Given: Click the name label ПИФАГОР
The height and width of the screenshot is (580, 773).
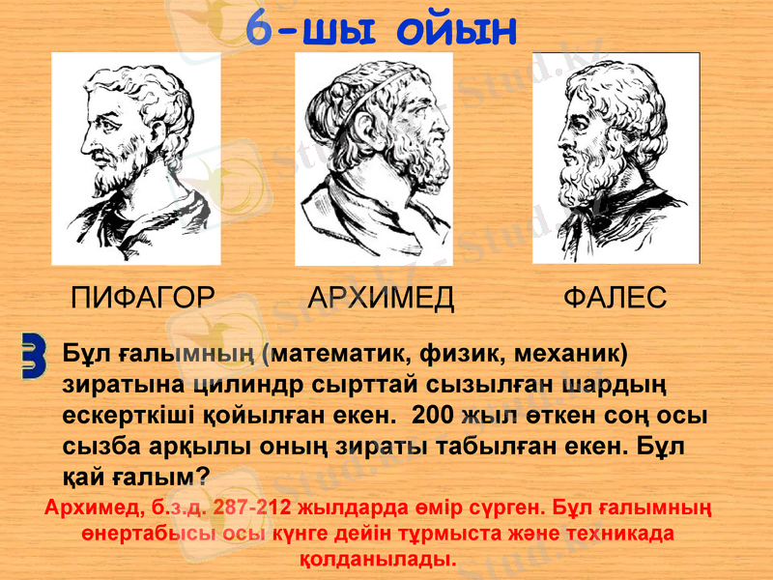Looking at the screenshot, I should pos(143,297).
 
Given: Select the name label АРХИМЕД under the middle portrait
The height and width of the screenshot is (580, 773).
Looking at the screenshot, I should pos(381,297).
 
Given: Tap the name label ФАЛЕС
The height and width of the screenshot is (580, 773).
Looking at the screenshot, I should pos(615,297).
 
